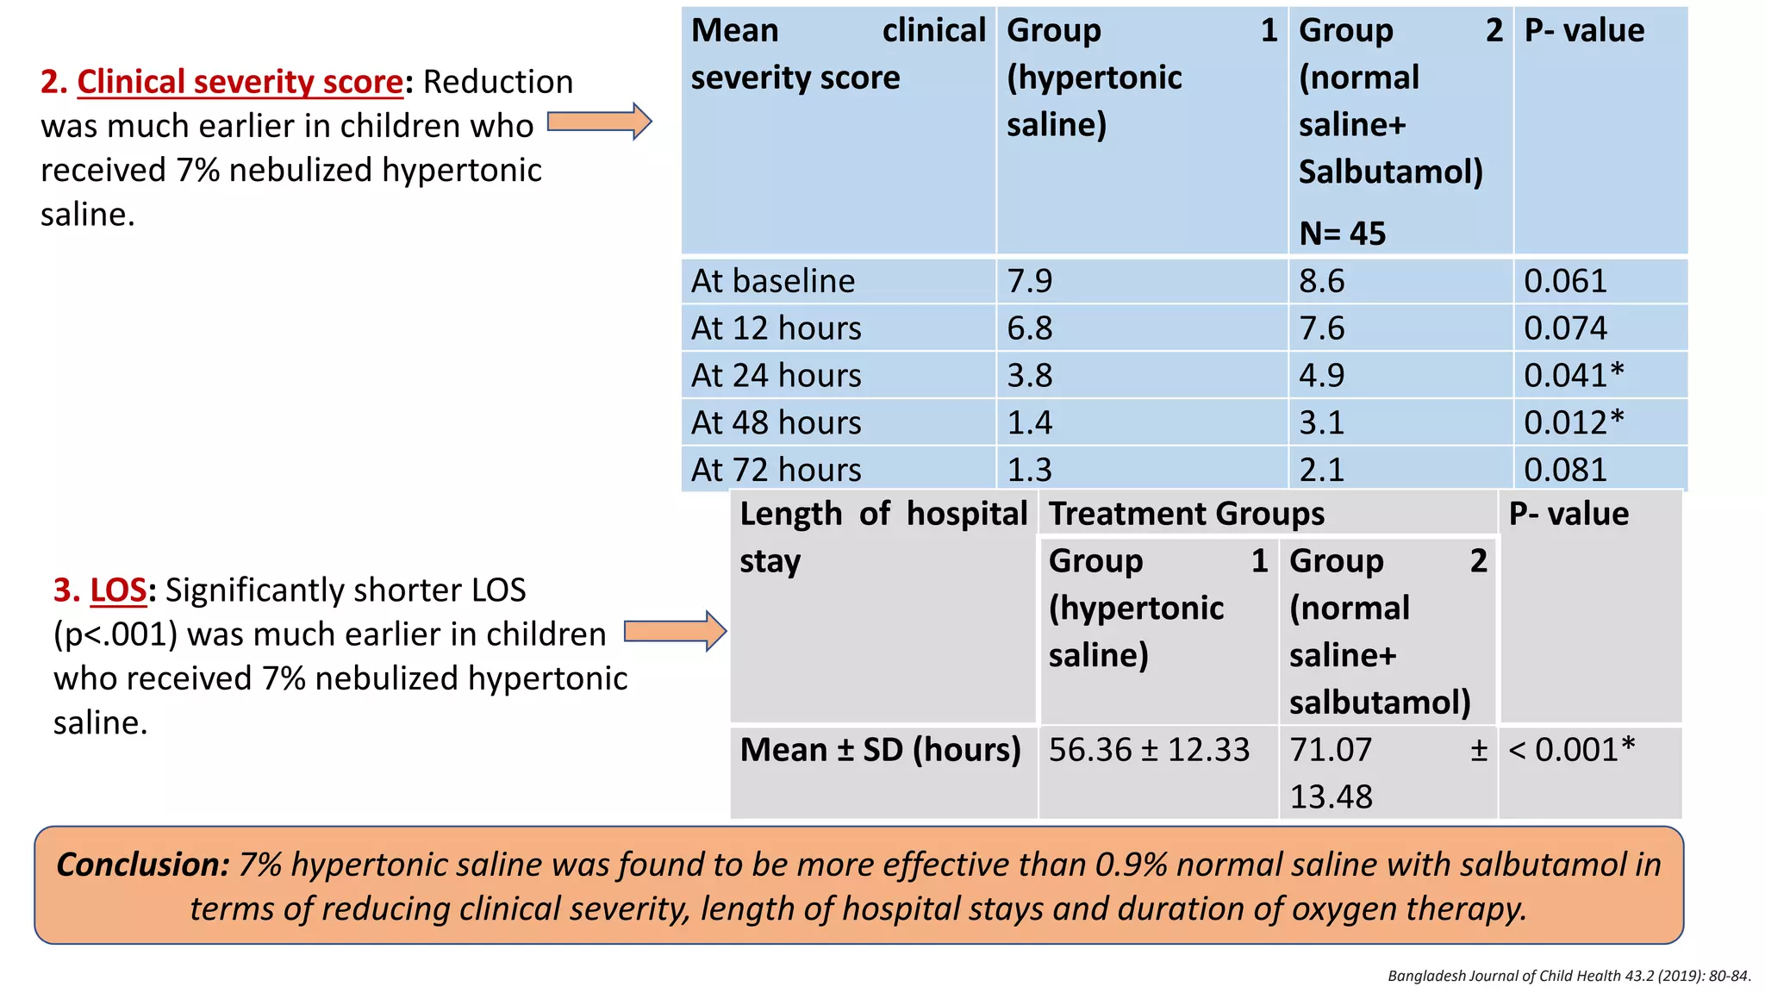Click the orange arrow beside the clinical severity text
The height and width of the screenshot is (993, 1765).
coord(599,122)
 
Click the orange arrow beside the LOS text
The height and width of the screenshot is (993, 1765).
coord(675,631)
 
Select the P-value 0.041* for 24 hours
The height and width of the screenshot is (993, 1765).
coord(1573,375)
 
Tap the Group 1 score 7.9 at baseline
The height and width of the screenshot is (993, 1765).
coord(1029,281)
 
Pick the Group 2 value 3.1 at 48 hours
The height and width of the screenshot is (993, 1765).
coord(1321,422)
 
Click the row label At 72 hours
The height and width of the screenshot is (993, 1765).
coord(776,470)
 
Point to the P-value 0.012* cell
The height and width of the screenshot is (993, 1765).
coord(1573,422)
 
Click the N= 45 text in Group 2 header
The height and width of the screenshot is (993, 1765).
coord(1342,234)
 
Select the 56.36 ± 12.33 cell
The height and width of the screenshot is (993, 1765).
coord(1148,750)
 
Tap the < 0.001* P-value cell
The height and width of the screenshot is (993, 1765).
coord(1571,750)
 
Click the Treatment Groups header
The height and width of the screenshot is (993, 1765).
coord(1186,514)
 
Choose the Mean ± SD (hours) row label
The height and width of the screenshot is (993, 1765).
coord(880,750)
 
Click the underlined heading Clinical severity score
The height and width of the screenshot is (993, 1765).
coord(240,82)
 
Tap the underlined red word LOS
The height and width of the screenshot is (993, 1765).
coord(118,590)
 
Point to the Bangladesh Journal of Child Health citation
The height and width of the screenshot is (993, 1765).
coord(1569,976)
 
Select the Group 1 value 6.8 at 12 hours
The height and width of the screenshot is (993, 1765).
coord(1029,328)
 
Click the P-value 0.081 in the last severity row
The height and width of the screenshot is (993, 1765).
coord(1564,470)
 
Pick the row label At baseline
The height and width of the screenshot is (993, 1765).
coord(772,281)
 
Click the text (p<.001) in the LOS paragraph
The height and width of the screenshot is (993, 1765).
coord(115,634)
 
